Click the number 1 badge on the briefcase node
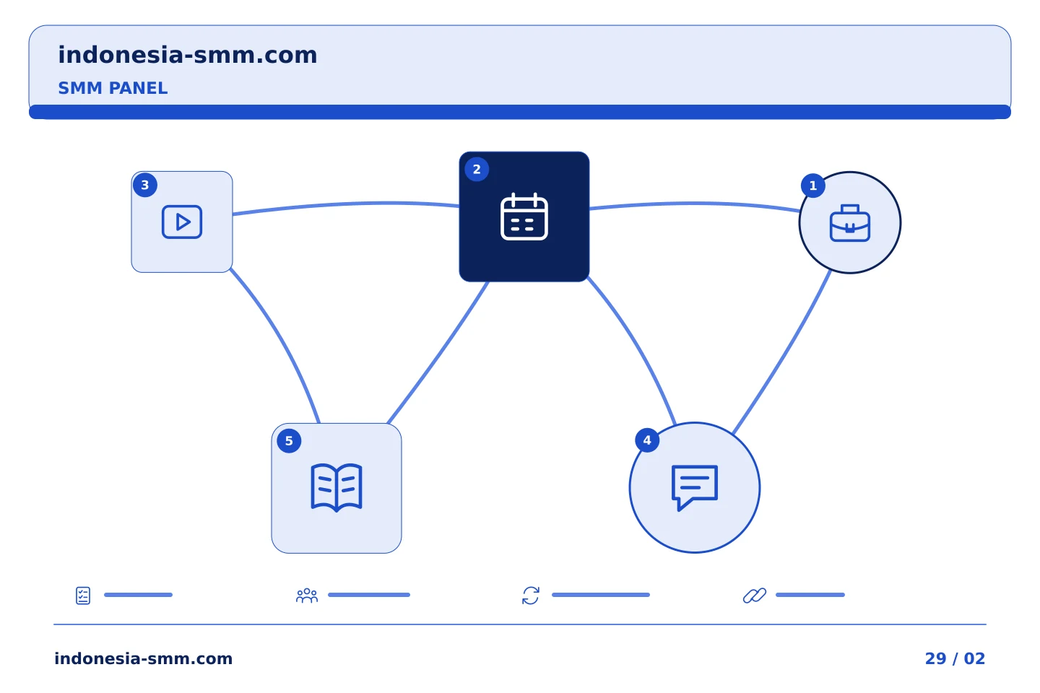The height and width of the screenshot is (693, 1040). pyautogui.click(x=812, y=186)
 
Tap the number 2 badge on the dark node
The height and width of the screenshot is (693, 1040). pyautogui.click(x=477, y=170)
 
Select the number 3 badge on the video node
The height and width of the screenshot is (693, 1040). pyautogui.click(x=145, y=186)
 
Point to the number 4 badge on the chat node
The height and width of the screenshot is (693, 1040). pyautogui.click(x=647, y=440)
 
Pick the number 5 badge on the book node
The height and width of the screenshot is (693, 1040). pyautogui.click(x=289, y=441)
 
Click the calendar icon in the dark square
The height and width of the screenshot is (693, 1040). pyautogui.click(x=524, y=217)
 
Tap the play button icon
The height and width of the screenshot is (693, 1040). pyautogui.click(x=182, y=222)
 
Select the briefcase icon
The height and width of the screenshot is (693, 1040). pyautogui.click(x=849, y=223)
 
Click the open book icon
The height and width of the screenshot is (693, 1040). pyautogui.click(x=336, y=487)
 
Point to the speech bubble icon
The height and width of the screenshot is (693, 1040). pyautogui.click(x=695, y=487)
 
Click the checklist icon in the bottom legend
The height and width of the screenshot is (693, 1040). pyautogui.click(x=82, y=596)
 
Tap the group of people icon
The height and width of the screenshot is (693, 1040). pyautogui.click(x=307, y=596)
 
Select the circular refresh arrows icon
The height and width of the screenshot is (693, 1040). pyautogui.click(x=531, y=596)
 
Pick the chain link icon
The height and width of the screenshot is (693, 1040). pyautogui.click(x=755, y=596)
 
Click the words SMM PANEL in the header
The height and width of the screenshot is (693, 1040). pyautogui.click(x=113, y=88)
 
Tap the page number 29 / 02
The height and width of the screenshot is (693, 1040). pyautogui.click(x=955, y=658)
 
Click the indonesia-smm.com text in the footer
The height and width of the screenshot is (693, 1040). pyautogui.click(x=144, y=658)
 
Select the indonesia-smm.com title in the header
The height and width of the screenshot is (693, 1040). pyautogui.click(x=188, y=55)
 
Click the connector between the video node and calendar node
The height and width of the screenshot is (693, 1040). pyautogui.click(x=346, y=204)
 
